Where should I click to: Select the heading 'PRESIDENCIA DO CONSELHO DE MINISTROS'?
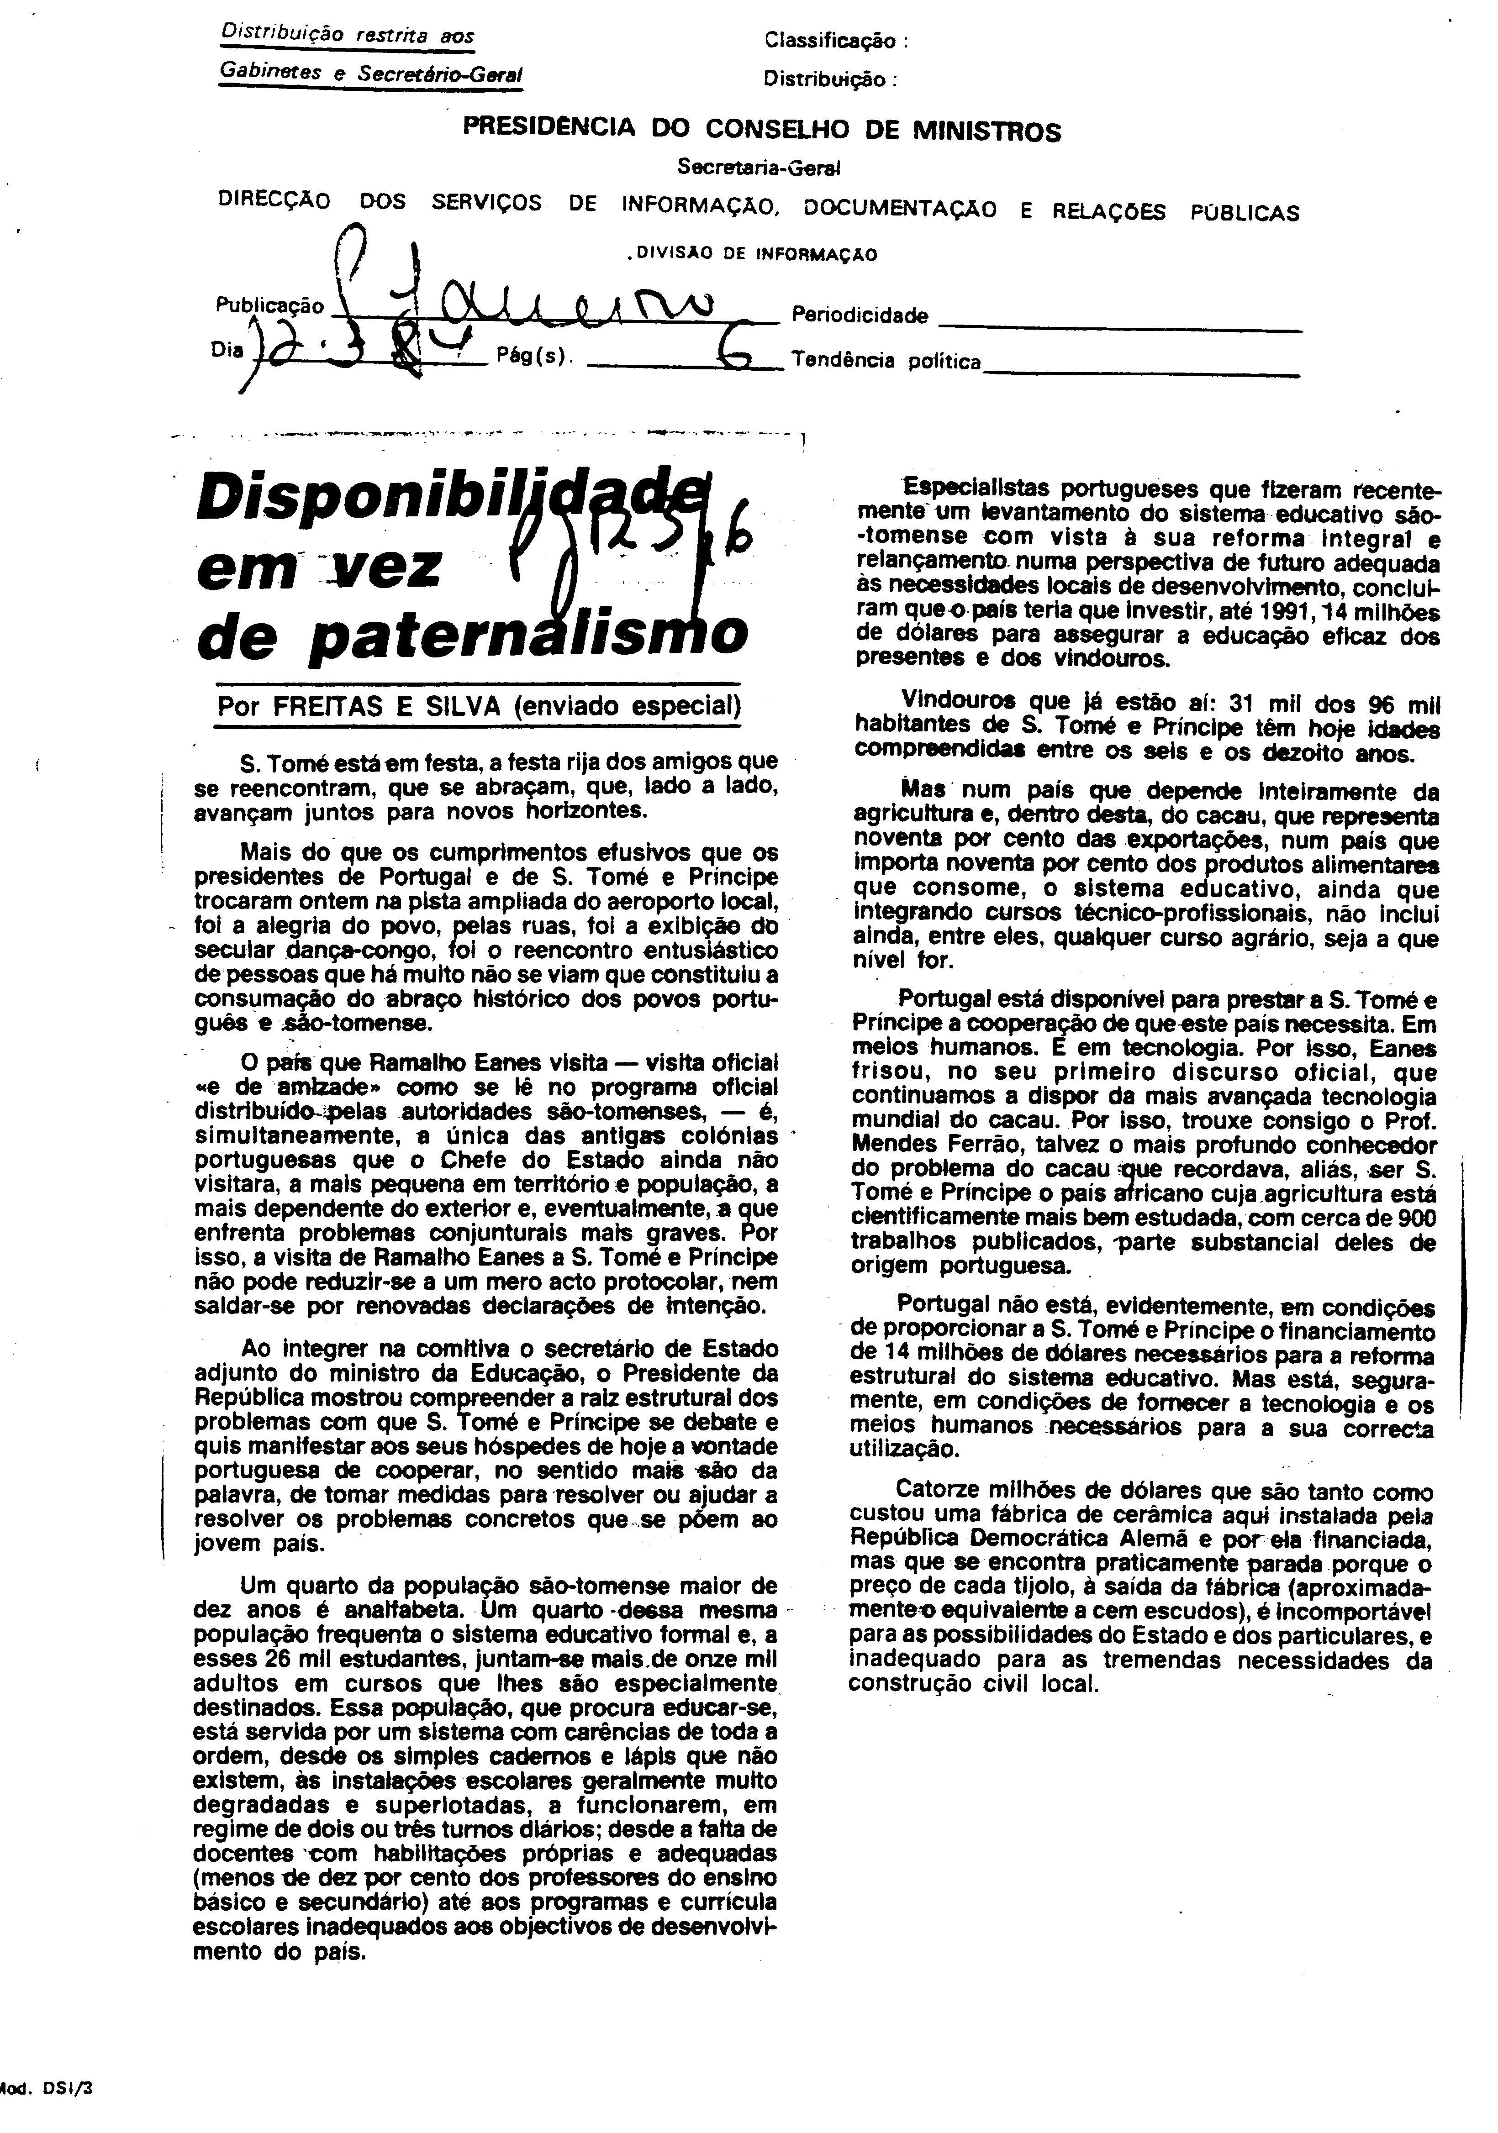click(762, 130)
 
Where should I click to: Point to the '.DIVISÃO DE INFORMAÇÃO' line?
click(751, 254)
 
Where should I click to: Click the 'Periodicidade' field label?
click(860, 316)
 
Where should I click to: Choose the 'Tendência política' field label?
click(886, 362)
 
